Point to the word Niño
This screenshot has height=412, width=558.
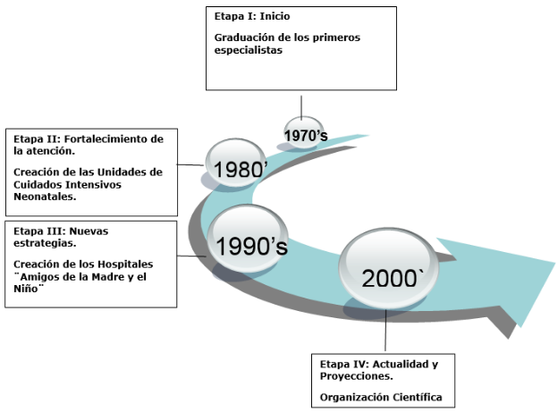pos(27,290)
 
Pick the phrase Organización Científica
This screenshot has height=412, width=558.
pos(381,397)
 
